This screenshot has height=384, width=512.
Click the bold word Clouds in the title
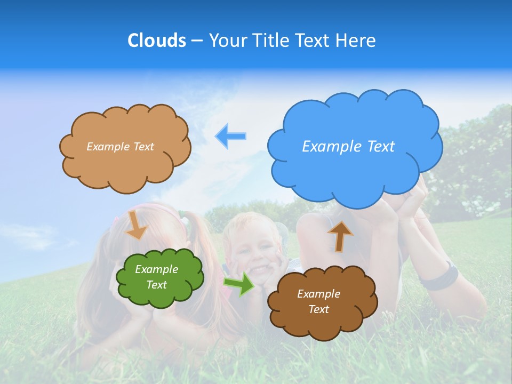pos(157,41)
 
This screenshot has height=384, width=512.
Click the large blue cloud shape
pos(354,171)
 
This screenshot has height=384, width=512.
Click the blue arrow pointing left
pos(231,136)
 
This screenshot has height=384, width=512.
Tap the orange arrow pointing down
pos(137,225)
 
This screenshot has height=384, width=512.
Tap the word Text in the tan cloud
pos(142,147)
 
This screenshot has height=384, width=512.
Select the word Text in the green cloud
pos(157,285)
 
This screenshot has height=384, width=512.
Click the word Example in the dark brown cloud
pos(318,294)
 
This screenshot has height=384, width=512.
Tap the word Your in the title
pos(227,41)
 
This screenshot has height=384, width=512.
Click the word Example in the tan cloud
pos(108,147)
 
